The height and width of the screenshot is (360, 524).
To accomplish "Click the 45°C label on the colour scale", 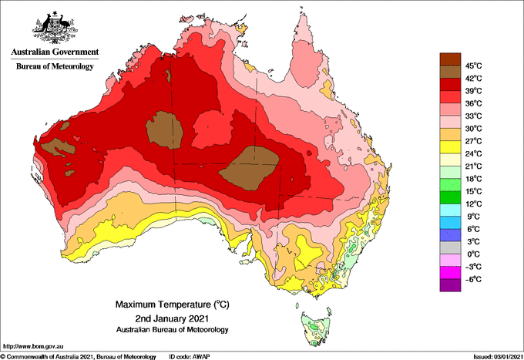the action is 474,66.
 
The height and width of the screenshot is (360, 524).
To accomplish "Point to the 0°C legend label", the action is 474,254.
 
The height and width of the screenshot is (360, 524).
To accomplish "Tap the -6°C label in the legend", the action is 473,279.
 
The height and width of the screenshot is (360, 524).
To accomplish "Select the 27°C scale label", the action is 474,141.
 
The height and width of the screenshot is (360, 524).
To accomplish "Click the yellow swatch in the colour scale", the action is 450,147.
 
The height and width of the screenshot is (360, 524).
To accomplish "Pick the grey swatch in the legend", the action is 450,247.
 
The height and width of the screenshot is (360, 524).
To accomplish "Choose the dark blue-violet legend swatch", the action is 450,235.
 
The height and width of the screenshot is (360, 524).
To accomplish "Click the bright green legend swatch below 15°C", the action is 450,197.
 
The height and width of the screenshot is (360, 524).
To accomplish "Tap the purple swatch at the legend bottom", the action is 450,285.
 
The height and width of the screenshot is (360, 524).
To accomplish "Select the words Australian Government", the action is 55,52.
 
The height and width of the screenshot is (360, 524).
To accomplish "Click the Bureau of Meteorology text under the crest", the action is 55,66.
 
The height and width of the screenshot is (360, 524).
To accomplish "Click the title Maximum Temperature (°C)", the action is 173,304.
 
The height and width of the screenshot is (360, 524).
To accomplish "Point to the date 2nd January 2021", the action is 173,318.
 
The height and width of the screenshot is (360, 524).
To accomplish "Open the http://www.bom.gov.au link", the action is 33,346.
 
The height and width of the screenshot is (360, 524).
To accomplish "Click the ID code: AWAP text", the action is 190,357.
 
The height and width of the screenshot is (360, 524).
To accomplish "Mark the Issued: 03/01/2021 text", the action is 498,357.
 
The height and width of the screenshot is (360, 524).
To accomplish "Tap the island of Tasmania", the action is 317,328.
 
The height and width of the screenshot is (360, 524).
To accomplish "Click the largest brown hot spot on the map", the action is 250,168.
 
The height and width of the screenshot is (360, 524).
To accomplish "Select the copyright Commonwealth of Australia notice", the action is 79,357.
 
